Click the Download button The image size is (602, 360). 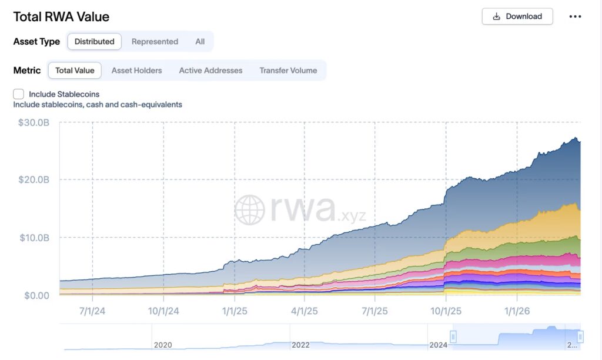click(x=517, y=16)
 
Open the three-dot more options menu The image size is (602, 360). click(x=575, y=16)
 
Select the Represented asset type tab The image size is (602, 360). click(x=155, y=42)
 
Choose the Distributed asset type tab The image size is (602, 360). click(x=95, y=42)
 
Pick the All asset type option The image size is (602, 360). click(x=200, y=42)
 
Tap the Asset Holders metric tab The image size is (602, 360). click(x=136, y=71)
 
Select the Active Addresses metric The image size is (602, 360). click(x=210, y=71)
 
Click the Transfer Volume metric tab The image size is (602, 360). click(x=288, y=71)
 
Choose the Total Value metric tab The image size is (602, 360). click(x=75, y=71)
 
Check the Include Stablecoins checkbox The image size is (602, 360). click(x=19, y=94)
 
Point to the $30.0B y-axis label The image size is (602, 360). click(x=34, y=122)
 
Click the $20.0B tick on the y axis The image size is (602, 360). click(x=34, y=179)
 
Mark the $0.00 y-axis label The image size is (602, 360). click(x=36, y=295)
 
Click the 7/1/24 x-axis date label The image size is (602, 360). click(x=92, y=311)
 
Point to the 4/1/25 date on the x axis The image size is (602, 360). click(x=305, y=311)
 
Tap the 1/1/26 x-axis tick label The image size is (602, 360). click(x=516, y=311)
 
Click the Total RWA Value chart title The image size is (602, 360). click(x=61, y=17)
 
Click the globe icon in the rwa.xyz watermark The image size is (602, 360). click(x=250, y=210)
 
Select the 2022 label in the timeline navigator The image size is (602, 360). click(x=300, y=345)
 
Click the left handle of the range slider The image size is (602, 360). click(x=453, y=336)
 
